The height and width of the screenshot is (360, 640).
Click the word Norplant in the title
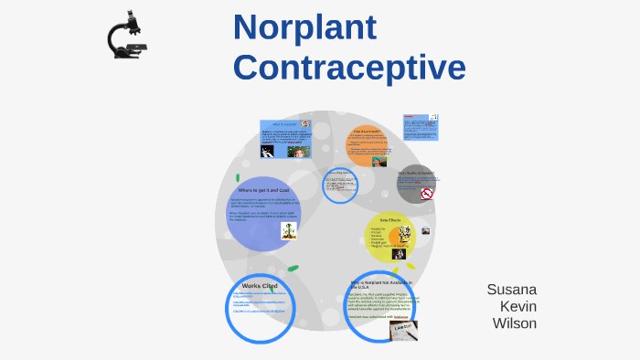click(x=304, y=28)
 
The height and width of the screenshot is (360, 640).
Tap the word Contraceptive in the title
click(x=348, y=68)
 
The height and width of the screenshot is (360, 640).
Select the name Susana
click(x=511, y=290)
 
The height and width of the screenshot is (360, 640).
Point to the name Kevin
click(x=518, y=306)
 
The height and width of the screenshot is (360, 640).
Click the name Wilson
click(x=515, y=323)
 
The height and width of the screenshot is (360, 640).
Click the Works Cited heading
click(x=260, y=286)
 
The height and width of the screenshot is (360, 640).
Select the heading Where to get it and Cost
click(x=264, y=189)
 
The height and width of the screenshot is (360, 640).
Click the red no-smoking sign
click(x=426, y=194)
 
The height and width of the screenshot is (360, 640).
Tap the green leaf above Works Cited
click(x=293, y=269)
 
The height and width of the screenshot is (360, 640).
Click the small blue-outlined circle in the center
click(x=339, y=186)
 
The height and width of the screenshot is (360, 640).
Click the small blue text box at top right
click(x=421, y=127)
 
